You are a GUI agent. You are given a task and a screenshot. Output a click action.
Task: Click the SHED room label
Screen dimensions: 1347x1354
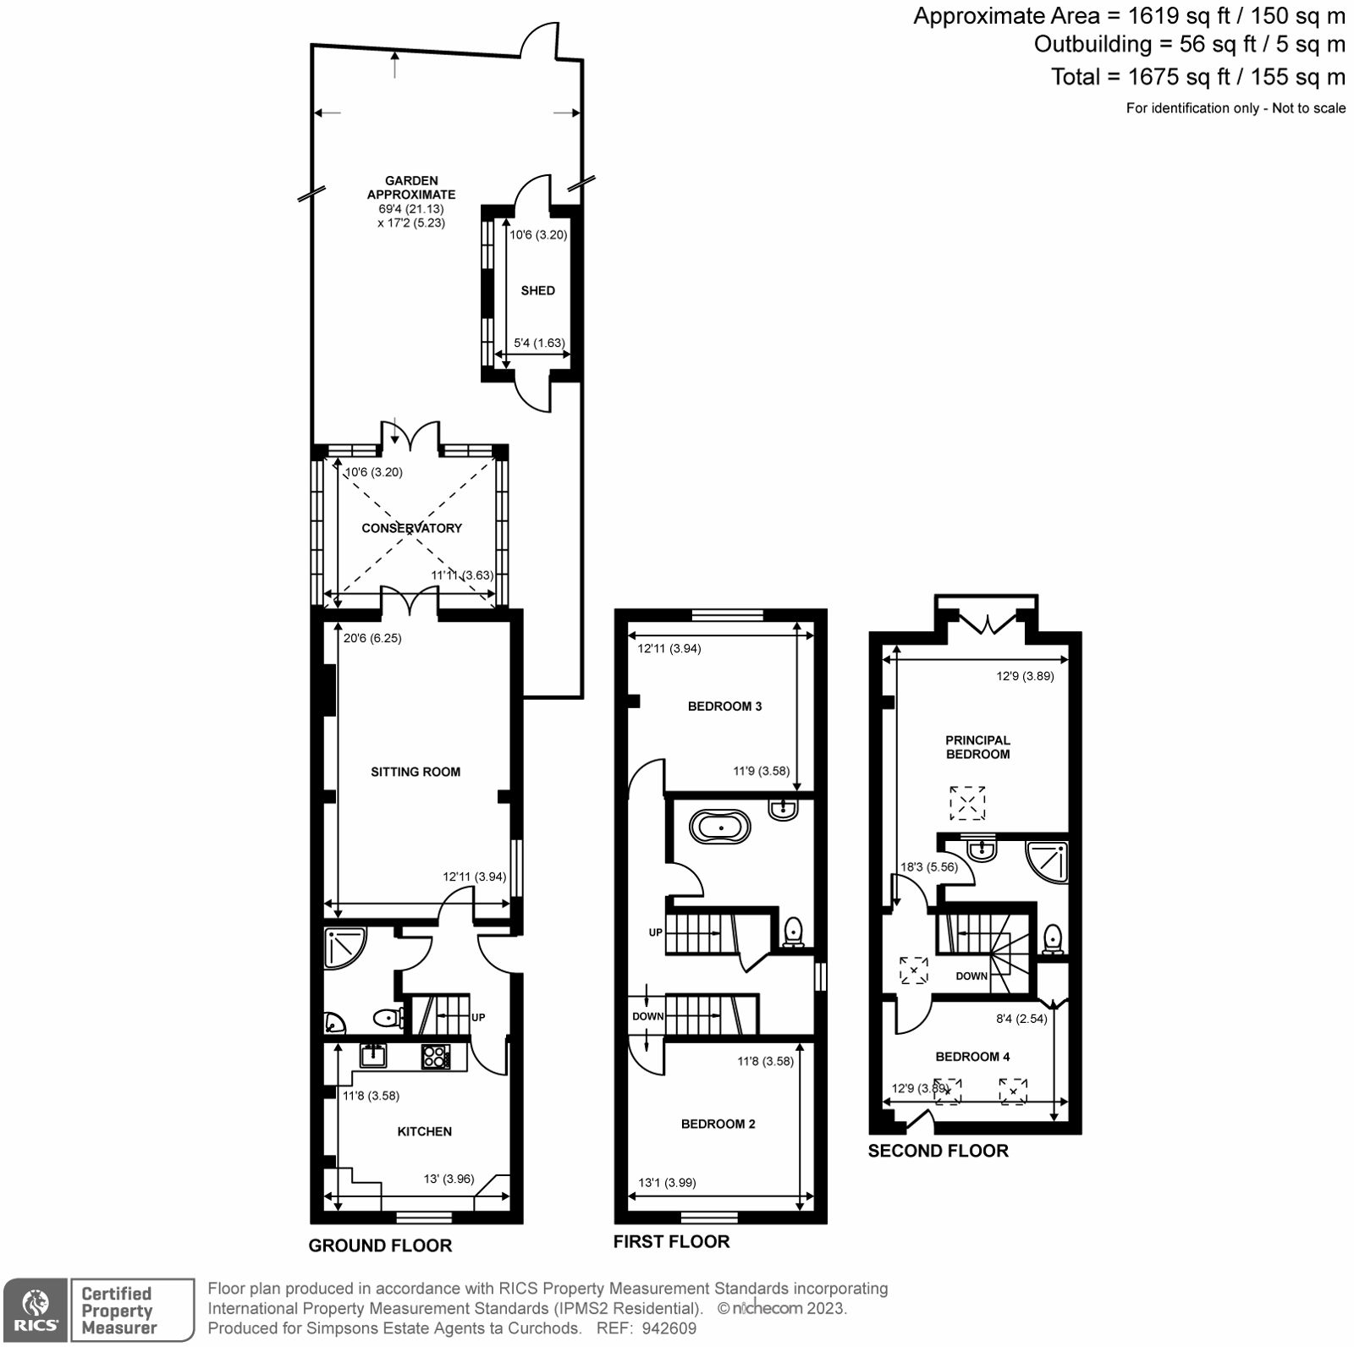pos(537,290)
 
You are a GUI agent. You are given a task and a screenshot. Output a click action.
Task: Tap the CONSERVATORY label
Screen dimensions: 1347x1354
pos(411,528)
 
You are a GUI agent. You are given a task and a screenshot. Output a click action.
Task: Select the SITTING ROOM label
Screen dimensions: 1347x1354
pos(416,772)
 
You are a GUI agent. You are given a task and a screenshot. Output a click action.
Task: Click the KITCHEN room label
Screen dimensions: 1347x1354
pos(425,1131)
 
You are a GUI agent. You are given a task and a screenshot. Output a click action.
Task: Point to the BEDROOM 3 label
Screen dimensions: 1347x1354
pos(724,706)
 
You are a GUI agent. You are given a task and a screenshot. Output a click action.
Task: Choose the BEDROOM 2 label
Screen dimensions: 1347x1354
pos(718,1124)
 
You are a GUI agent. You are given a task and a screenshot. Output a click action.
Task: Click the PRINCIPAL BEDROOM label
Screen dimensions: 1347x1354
pos(977,747)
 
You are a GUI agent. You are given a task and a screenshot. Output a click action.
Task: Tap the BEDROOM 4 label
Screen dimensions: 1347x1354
pos(972,1056)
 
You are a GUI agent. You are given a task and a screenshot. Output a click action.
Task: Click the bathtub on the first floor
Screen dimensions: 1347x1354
pos(720,827)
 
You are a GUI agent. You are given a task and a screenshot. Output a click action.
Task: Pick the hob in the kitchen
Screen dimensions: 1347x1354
pos(436,1056)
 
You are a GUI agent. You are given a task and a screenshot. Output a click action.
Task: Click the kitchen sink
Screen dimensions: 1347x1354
pos(373,1055)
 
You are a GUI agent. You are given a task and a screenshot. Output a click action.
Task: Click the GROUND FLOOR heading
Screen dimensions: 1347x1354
pos(380,1245)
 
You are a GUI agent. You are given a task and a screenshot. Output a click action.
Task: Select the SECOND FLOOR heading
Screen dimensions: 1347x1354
pos(938,1151)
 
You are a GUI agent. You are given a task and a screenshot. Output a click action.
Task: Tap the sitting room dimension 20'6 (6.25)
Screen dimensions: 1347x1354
pos(372,638)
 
